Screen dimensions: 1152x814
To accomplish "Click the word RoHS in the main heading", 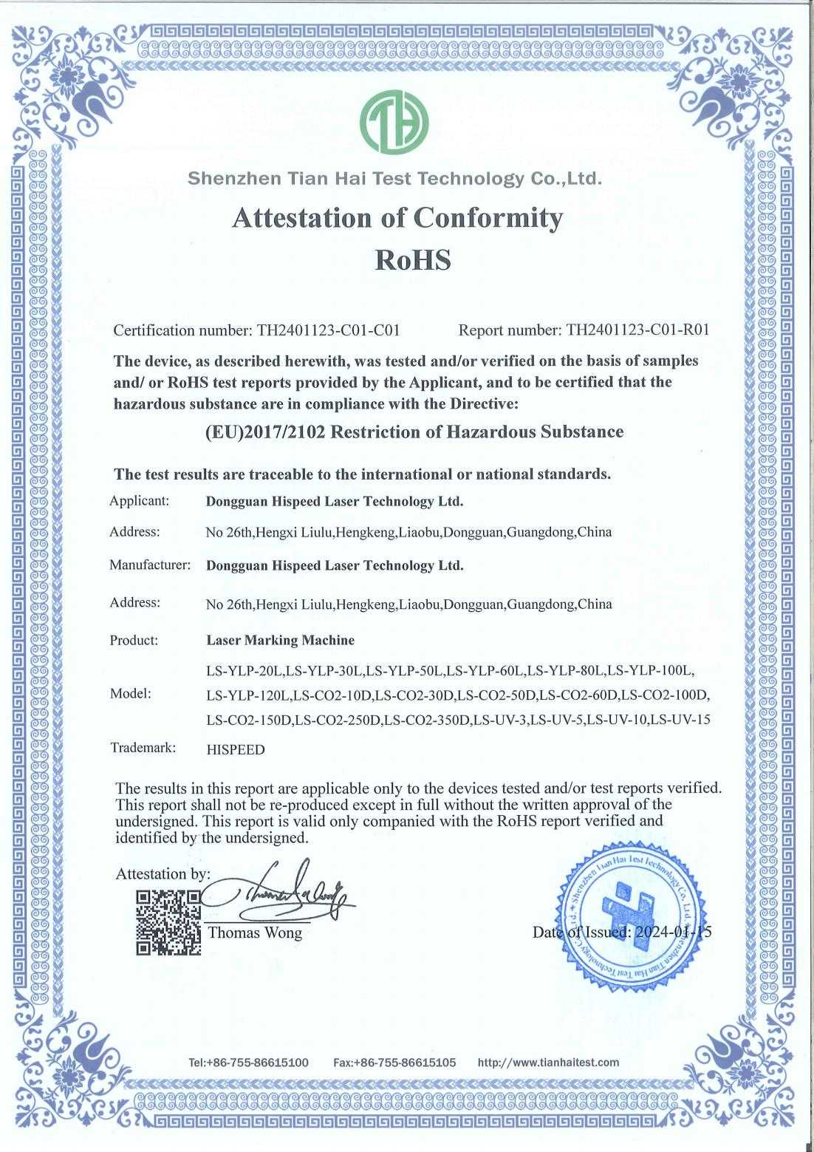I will [413, 260].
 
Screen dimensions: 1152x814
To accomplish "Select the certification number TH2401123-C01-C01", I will [327, 330].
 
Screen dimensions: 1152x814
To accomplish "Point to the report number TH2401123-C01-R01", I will [637, 330].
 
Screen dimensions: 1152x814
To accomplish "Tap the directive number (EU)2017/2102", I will [265, 432].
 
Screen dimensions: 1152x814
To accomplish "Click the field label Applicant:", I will [140, 501].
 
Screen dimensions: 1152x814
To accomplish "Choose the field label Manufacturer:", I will [150, 565].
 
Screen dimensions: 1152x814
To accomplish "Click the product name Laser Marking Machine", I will [280, 640].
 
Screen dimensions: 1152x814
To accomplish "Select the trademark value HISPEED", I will [236, 749].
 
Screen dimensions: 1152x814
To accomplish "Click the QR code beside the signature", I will [169, 922].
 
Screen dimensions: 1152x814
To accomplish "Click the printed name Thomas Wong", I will [255, 933].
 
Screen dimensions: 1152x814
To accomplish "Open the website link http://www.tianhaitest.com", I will [549, 1063].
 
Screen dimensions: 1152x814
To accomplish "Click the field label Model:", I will [131, 694].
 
